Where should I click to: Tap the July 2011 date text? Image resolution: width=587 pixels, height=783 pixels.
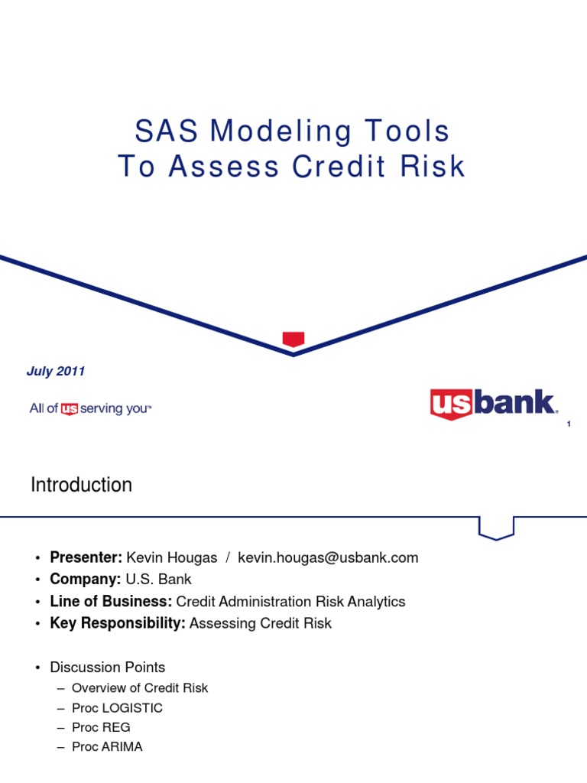pyautogui.click(x=56, y=372)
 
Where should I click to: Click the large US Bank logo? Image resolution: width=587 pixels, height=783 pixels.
pyautogui.click(x=492, y=404)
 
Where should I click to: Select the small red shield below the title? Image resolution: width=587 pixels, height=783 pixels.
pyautogui.click(x=293, y=339)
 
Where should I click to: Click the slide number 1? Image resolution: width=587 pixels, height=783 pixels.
pyautogui.click(x=569, y=424)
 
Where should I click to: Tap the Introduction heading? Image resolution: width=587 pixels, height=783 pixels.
pyautogui.click(x=81, y=485)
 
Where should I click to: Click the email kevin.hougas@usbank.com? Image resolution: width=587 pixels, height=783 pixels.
pyautogui.click(x=328, y=557)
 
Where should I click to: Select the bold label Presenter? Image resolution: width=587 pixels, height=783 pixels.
pyautogui.click(x=86, y=557)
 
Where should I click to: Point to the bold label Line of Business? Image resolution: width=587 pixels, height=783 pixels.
pyautogui.click(x=111, y=602)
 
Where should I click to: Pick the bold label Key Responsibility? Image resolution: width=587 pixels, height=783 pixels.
pyautogui.click(x=118, y=623)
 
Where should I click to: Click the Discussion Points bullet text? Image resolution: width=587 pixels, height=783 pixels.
pyautogui.click(x=108, y=667)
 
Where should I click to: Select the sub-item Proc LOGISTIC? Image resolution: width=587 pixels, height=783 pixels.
pyautogui.click(x=117, y=708)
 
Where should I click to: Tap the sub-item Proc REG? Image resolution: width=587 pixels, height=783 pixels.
pyautogui.click(x=101, y=727)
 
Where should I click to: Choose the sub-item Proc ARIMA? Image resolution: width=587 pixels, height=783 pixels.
pyautogui.click(x=107, y=747)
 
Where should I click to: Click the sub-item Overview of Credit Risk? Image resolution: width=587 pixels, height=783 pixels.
pyautogui.click(x=140, y=688)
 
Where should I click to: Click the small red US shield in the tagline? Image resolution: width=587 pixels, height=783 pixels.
pyautogui.click(x=70, y=409)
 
